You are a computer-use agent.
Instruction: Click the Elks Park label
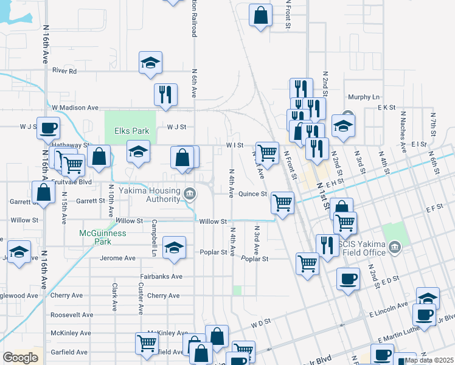pyautogui.click(x=131, y=131)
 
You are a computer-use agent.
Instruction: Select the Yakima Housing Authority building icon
pyautogui.click(x=190, y=194)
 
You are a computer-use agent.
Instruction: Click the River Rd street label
pyautogui.click(x=64, y=71)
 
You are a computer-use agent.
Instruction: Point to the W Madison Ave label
pyautogui.click(x=75, y=108)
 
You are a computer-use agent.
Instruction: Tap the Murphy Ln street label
pyautogui.click(x=363, y=97)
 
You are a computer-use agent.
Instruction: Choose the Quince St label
pyautogui.click(x=252, y=194)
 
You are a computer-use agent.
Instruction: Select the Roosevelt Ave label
pyautogui.click(x=72, y=315)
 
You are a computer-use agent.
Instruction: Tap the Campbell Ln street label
pyautogui.click(x=154, y=238)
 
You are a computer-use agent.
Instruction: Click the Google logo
pyautogui.click(x=20, y=358)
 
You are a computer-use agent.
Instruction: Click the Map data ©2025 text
pyautogui.click(x=429, y=360)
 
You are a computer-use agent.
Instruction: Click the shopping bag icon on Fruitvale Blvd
pyautogui.click(x=44, y=192)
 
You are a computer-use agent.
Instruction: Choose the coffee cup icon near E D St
pyautogui.click(x=348, y=279)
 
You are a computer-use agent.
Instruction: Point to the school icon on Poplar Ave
pyautogui.click(x=174, y=247)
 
